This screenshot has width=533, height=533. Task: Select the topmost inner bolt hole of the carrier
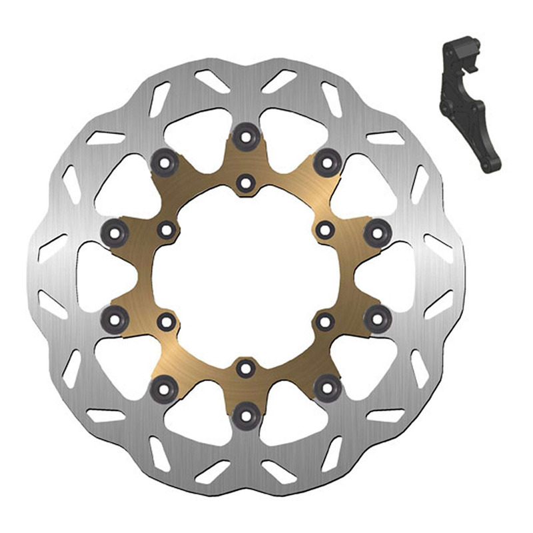246,181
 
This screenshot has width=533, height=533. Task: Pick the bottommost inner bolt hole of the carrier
246,366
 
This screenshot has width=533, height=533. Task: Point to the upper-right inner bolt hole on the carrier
324,230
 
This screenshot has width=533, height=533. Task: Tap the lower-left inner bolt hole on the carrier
165,322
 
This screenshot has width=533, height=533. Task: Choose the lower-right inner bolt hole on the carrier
324,322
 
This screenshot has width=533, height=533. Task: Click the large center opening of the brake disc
246,274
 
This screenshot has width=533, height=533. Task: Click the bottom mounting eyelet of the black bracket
490,163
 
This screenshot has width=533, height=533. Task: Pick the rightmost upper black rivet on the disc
378,231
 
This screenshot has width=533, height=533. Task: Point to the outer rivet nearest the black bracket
325,160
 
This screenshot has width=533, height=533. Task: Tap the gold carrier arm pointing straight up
246,160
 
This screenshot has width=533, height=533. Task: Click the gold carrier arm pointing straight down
246,390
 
